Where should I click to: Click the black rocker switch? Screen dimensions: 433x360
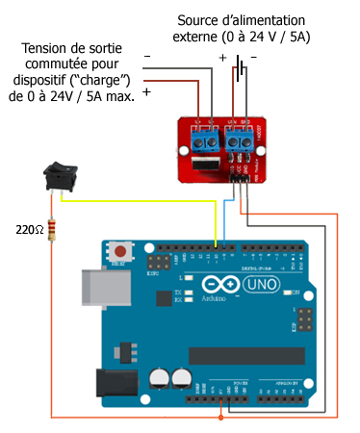[60, 177]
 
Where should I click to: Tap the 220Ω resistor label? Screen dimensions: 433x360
[29, 230]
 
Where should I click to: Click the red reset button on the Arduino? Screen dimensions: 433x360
[119, 251]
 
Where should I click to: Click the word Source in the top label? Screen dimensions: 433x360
[201, 20]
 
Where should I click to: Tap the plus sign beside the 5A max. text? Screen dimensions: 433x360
[146, 92]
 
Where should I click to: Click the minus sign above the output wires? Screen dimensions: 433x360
[147, 58]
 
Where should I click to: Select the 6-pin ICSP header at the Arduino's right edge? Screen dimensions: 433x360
[306, 319]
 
